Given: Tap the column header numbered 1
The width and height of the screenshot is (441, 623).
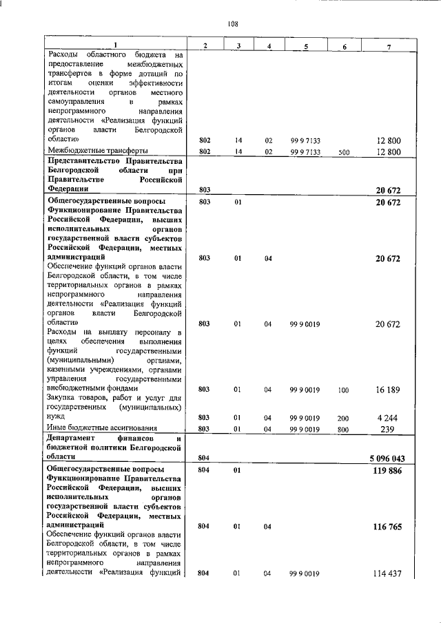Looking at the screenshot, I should click(115, 45).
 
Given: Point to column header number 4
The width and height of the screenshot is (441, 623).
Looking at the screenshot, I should click(269, 45).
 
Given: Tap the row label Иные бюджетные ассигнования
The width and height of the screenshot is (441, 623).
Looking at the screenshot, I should click(101, 427).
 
